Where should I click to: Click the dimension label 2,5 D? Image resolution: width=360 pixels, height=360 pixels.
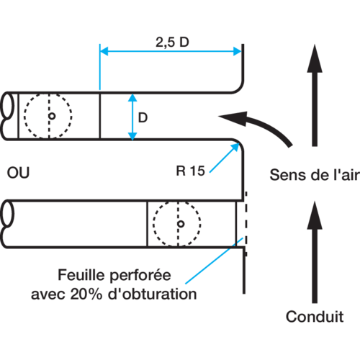click(172, 42)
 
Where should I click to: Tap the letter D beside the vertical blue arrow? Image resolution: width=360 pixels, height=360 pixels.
click(143, 117)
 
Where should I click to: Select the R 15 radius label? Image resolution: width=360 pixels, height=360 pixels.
click(191, 171)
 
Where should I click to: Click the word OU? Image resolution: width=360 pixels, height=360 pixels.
click(18, 173)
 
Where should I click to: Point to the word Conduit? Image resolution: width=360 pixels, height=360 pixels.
click(315, 317)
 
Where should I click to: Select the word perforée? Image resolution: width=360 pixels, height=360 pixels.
click(140, 276)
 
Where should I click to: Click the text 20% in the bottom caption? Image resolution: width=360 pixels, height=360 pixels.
click(86, 294)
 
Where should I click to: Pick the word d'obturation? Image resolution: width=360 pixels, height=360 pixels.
click(153, 294)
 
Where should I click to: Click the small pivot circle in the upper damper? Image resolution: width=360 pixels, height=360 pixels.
click(52, 116)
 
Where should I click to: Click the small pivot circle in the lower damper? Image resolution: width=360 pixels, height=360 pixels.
click(181, 224)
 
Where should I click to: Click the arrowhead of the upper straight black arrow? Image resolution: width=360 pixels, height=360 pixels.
click(315, 59)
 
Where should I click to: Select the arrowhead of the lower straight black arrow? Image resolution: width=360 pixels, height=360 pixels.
click(315, 215)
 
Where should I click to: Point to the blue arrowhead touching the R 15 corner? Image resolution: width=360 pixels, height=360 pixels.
click(235, 147)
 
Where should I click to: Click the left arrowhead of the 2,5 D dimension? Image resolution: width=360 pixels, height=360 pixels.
click(104, 51)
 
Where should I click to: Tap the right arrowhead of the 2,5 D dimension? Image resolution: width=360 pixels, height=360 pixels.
click(237, 51)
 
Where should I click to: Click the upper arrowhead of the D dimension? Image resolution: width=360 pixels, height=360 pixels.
click(132, 97)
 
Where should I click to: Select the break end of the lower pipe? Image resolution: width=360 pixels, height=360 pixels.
click(6, 224)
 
